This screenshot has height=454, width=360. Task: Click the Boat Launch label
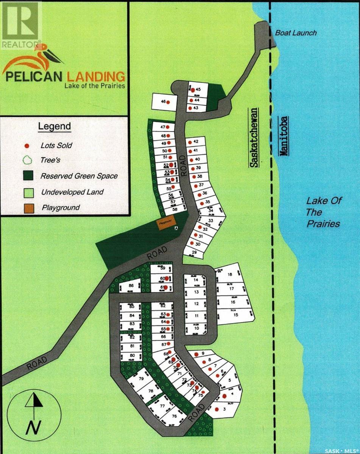coord(296,33)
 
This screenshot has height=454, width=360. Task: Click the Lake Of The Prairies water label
coord(323,212)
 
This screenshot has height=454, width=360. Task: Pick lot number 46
coord(164,101)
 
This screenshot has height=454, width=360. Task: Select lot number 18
coord(229,275)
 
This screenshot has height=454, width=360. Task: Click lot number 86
coord(131,286)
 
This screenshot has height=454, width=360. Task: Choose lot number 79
coord(141,379)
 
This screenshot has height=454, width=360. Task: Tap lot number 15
coord(235,315)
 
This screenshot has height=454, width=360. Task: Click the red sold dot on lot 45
coord(193,90)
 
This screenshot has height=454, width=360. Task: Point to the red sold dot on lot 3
coord(217,409)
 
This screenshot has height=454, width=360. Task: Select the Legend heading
coord(54,126)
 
